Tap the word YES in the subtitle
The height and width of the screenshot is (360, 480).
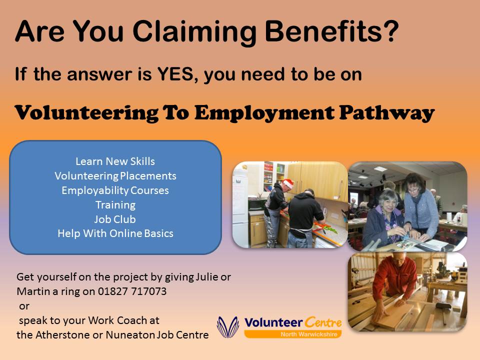175,74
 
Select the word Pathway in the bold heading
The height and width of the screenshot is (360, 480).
387,113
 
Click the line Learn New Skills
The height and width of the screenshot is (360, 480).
115,161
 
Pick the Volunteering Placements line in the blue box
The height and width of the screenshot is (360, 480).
115,175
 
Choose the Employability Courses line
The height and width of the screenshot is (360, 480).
115,190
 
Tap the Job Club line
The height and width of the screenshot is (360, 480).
115,219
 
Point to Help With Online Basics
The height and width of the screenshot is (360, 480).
115,233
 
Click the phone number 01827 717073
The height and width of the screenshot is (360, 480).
132,291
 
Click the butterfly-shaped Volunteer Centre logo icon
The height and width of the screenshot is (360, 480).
228,327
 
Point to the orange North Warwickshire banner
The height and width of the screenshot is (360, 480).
293,334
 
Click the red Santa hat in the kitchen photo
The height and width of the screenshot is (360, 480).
288,183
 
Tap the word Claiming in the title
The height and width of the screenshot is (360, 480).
194,32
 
